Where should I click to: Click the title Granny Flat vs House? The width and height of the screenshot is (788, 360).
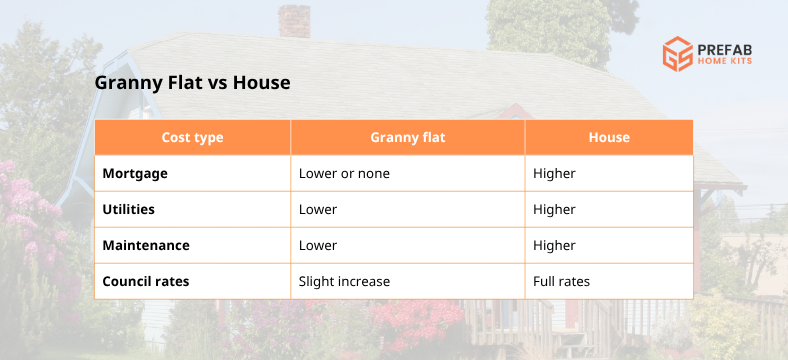192,83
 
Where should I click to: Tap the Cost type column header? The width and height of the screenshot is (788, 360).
192,137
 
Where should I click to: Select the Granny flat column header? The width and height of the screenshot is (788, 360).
407,137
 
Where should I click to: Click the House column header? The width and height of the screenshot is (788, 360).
609,137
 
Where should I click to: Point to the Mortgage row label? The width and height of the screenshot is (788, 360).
135,173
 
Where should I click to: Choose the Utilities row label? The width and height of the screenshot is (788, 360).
130,209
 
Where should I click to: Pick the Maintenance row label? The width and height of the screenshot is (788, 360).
146,245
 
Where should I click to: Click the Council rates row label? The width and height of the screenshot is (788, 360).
146,281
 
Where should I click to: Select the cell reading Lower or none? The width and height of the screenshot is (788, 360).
344,173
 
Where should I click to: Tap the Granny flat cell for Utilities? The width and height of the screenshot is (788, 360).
318,209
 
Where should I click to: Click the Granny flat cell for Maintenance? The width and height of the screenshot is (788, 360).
318,245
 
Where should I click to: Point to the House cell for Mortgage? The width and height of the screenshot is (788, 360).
554,173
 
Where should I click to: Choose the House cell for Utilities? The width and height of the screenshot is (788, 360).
554,209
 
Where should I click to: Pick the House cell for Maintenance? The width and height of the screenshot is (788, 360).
554,245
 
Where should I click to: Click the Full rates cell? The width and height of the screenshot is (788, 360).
561,281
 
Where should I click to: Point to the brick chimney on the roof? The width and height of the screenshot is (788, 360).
293,20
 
